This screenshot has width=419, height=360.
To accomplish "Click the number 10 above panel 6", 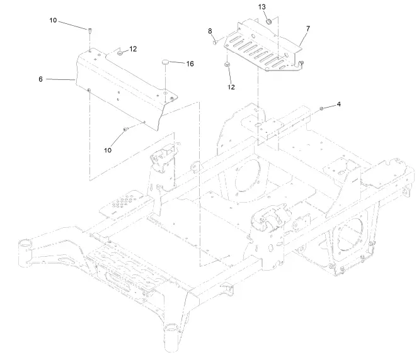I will (x=54, y=21).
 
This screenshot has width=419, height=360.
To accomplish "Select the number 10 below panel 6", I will (x=107, y=150).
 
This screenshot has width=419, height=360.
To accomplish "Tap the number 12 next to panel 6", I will (x=133, y=49).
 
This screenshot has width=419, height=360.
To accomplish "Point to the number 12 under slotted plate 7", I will (x=231, y=87).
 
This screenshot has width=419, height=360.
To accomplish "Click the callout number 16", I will (x=190, y=64).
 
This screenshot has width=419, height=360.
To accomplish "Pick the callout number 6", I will (x=40, y=79).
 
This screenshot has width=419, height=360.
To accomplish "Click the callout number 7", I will (x=307, y=29).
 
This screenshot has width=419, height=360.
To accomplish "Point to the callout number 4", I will (x=338, y=104).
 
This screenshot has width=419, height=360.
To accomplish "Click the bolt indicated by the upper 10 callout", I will (x=91, y=31).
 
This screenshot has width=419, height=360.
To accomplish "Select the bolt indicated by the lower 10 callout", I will (x=125, y=128).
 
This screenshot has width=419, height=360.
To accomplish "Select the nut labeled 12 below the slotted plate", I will (x=226, y=65).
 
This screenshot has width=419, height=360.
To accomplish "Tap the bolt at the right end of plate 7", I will (x=301, y=62).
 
